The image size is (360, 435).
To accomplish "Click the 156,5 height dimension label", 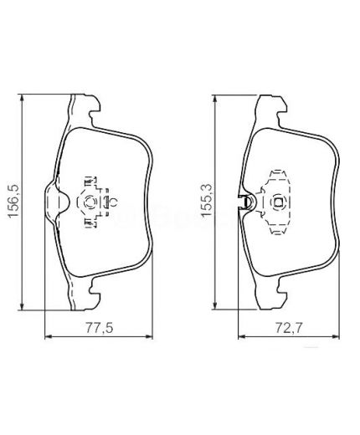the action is point(13,200).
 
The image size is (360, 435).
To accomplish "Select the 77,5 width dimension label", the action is point(99,328).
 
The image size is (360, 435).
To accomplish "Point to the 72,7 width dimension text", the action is point(289,328).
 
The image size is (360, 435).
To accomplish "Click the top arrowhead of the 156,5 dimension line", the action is point(22,98).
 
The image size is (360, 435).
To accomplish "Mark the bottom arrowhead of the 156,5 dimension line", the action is point(22,306).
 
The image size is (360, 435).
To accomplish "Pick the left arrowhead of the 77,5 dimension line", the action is point(49,337).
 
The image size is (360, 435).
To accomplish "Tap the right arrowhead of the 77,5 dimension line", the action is point(149,337).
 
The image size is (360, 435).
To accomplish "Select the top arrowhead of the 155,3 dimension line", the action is point(214,99).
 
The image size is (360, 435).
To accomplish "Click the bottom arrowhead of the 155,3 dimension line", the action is point(214,305).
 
